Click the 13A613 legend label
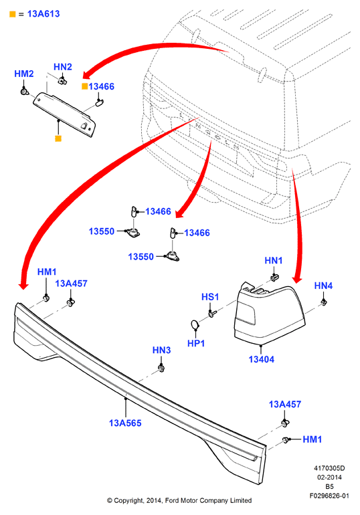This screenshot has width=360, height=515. [x=43, y=14]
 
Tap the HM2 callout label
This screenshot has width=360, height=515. [x=24, y=74]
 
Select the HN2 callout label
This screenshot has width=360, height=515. [x=63, y=67]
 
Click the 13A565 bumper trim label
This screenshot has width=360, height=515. [x=125, y=423]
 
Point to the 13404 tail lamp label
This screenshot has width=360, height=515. [x=262, y=359]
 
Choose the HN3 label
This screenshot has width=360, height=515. [x=162, y=350]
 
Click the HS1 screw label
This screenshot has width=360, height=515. [x=210, y=297]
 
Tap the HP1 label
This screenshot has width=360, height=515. [x=196, y=344]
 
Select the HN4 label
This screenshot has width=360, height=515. [x=324, y=286]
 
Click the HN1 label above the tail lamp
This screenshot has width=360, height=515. [x=274, y=260]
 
